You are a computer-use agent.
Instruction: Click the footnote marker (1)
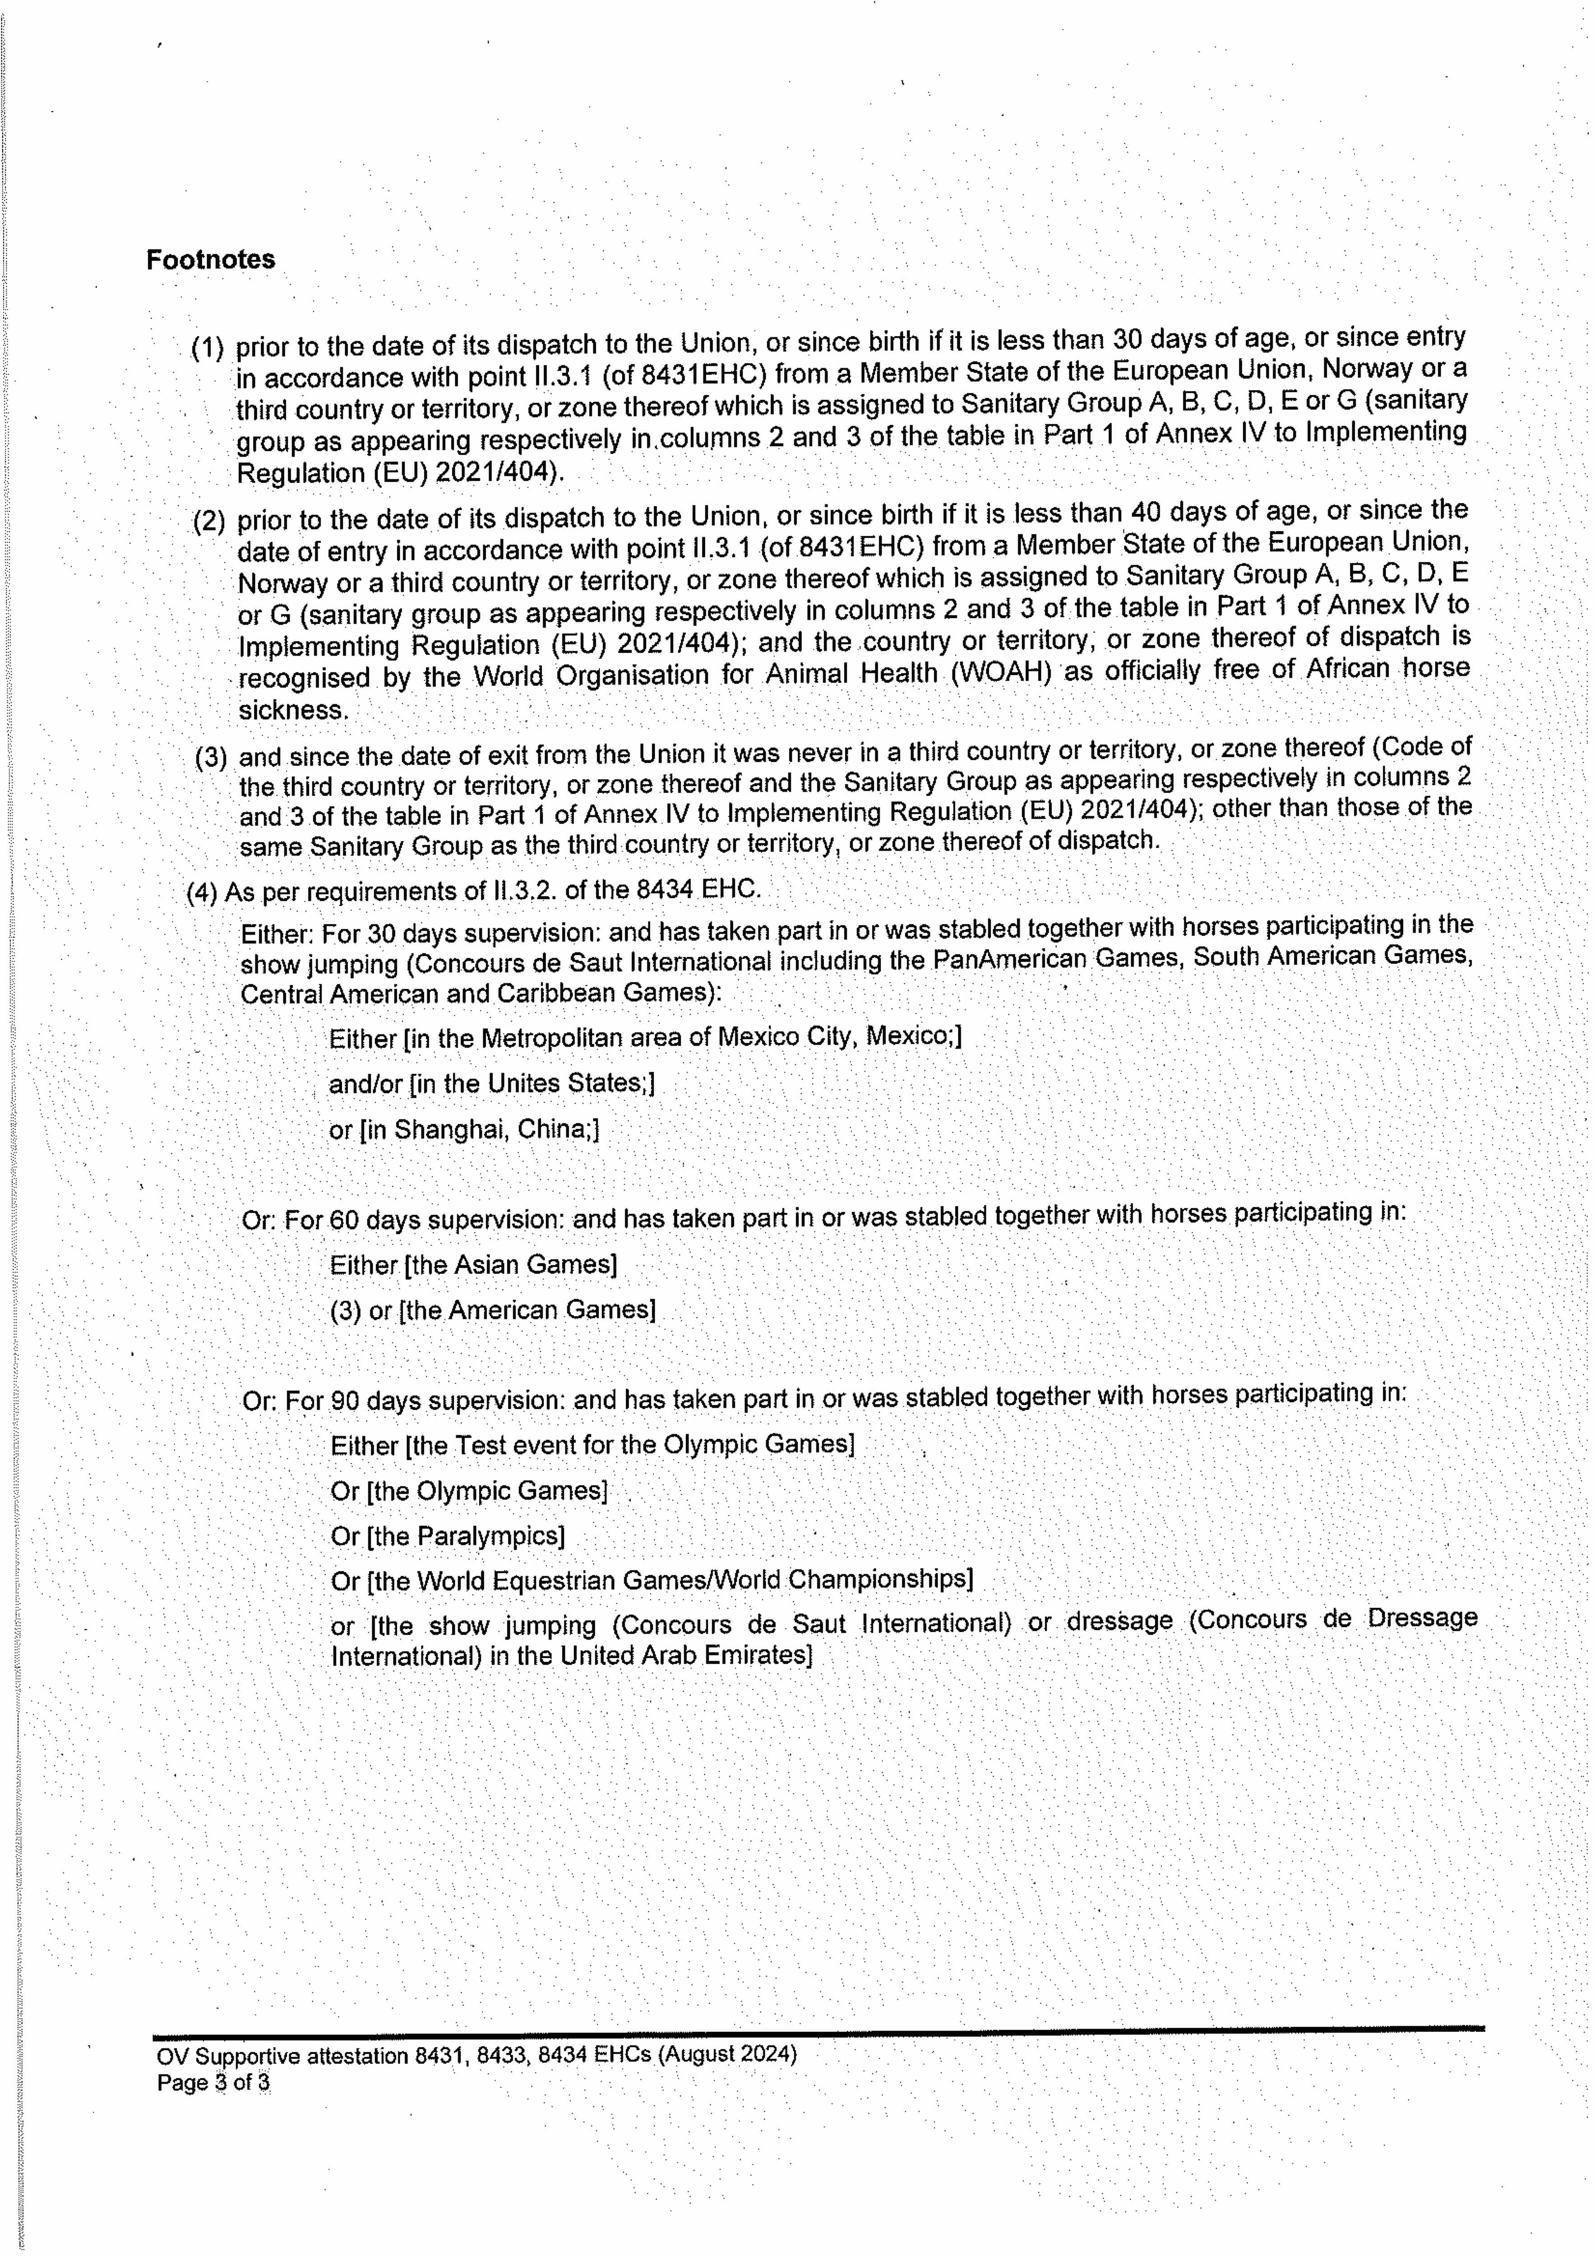click(208, 348)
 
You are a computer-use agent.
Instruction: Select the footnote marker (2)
click(208, 521)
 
